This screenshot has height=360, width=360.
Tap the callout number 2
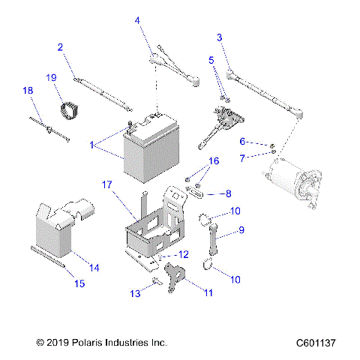(x=60, y=47)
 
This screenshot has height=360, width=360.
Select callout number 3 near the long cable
(x=219, y=37)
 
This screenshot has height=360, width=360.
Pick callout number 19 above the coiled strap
(x=51, y=78)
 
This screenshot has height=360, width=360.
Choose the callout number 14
(x=94, y=267)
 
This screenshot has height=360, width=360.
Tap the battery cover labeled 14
(x=64, y=225)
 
